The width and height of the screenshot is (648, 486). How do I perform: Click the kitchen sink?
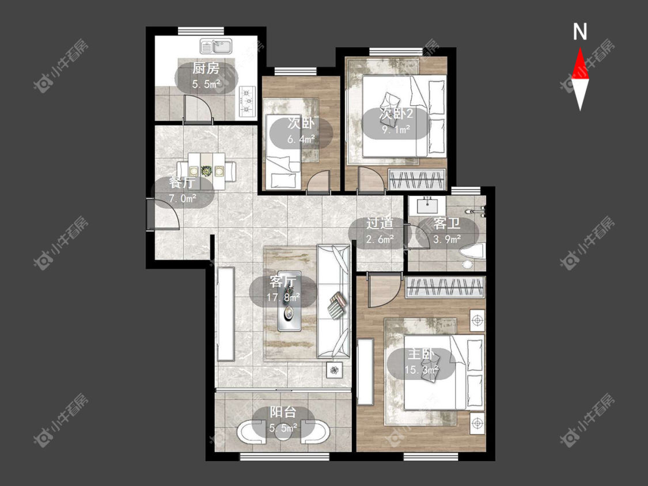[x=217, y=46]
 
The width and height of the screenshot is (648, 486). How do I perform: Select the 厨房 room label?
[x=206, y=68]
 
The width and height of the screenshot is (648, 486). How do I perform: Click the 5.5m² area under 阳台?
[x=283, y=428]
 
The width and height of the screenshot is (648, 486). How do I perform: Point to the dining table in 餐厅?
[x=207, y=170]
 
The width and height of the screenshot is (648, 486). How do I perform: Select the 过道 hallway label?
[x=380, y=223]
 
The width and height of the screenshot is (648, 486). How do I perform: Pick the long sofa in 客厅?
[x=334, y=301]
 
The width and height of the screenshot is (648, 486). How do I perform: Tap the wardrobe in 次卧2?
[x=416, y=179]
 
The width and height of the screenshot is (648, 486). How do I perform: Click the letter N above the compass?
[x=580, y=32]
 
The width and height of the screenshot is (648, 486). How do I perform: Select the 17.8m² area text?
[x=283, y=297]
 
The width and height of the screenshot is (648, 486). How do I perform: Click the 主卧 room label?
[x=421, y=354]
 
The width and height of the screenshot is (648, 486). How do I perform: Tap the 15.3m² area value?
[x=421, y=370]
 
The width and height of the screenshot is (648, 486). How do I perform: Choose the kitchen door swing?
[x=198, y=108]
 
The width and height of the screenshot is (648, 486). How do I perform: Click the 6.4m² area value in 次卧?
[x=301, y=139]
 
